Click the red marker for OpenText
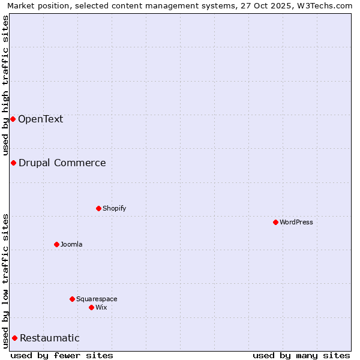click(x=13, y=119)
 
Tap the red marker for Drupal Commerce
click(x=13, y=163)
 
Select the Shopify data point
click(x=98, y=208)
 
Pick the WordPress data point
click(x=275, y=222)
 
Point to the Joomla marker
click(x=56, y=244)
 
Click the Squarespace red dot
click(x=72, y=299)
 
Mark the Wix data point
click(x=91, y=307)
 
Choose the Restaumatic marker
click(x=14, y=338)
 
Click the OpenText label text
click(x=40, y=119)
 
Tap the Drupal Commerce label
click(x=62, y=163)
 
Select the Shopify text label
click(x=114, y=208)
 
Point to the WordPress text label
click(x=296, y=222)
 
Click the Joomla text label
click(x=71, y=244)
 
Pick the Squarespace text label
click(x=97, y=299)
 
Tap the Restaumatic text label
click(x=49, y=338)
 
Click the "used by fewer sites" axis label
click(x=62, y=355)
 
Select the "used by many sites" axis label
click(x=301, y=355)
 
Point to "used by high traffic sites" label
click(x=5, y=85)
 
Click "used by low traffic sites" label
click(x=5, y=280)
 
